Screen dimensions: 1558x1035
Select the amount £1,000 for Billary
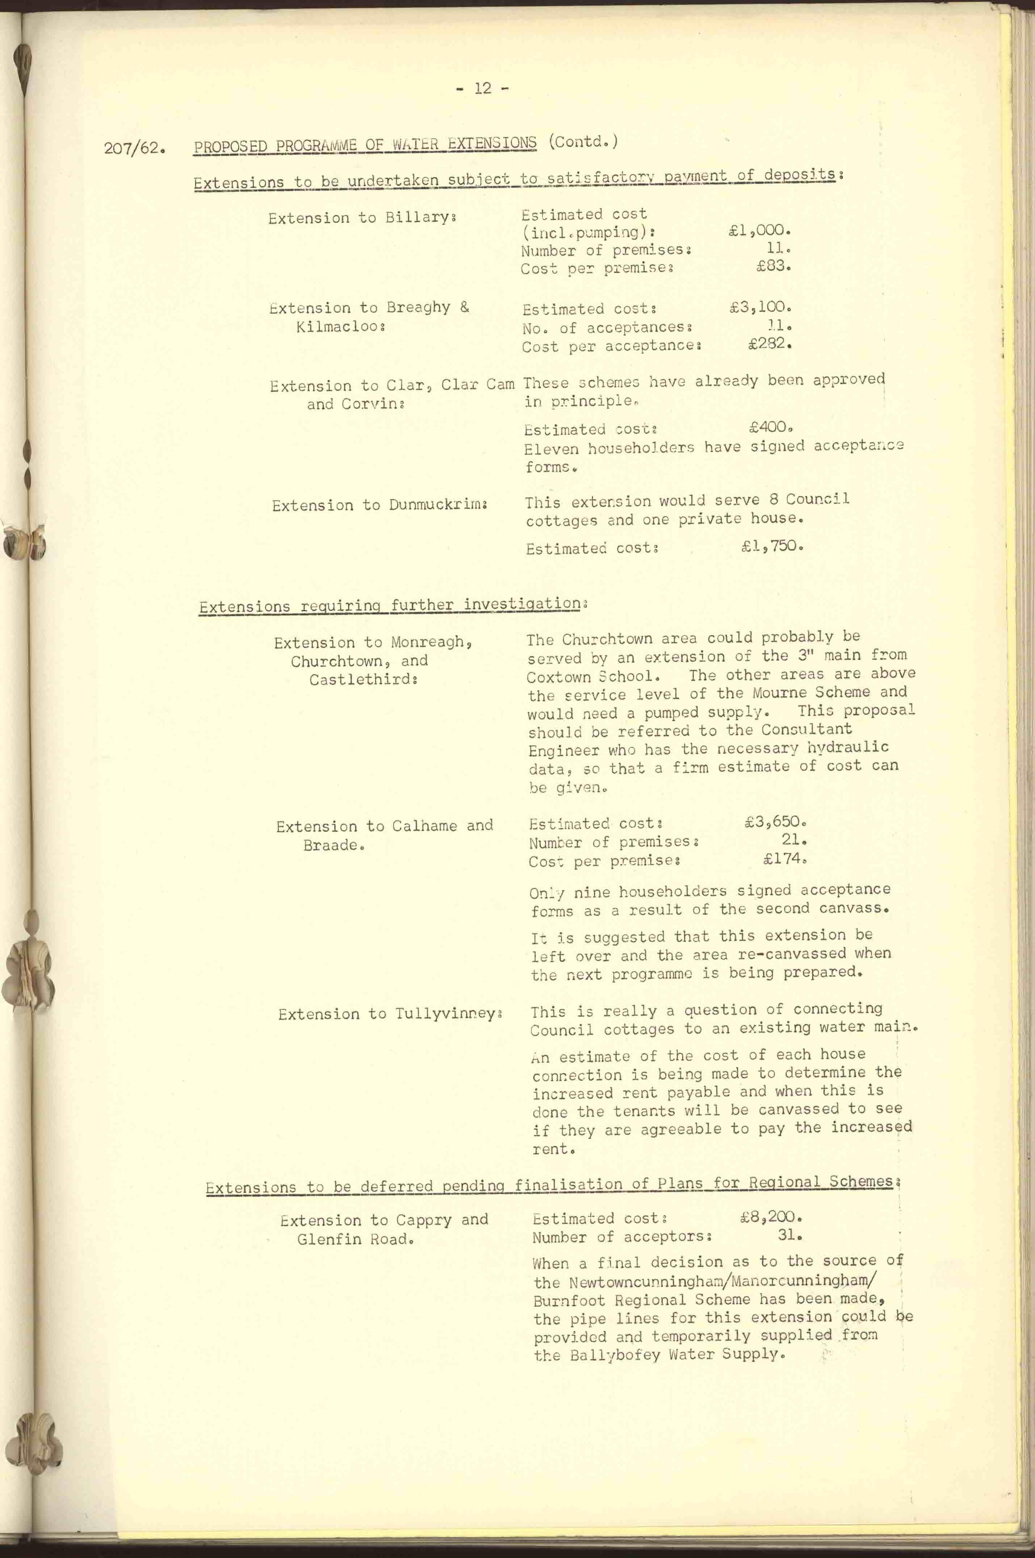(x=758, y=230)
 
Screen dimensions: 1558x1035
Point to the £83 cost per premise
(x=772, y=267)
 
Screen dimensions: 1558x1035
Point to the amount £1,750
(x=771, y=547)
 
